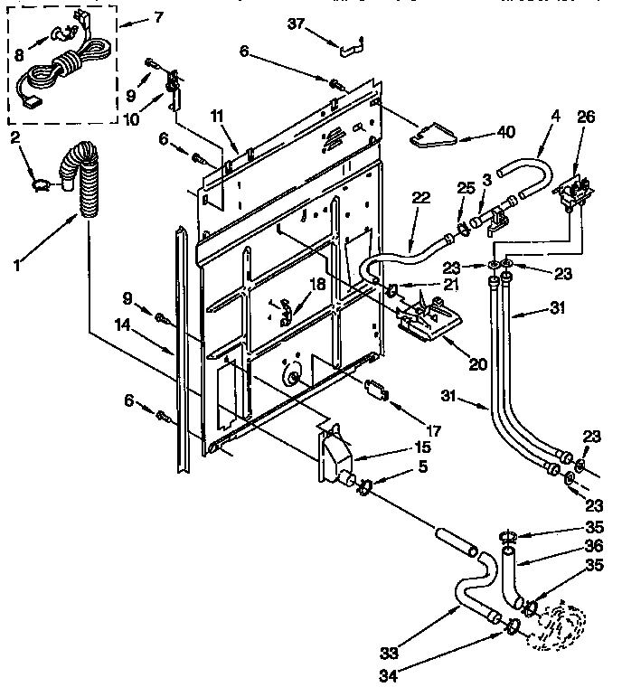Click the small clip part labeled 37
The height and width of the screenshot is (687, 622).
(x=348, y=42)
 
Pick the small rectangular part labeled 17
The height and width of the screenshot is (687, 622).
(x=375, y=390)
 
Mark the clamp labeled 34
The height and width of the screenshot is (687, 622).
(x=513, y=625)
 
